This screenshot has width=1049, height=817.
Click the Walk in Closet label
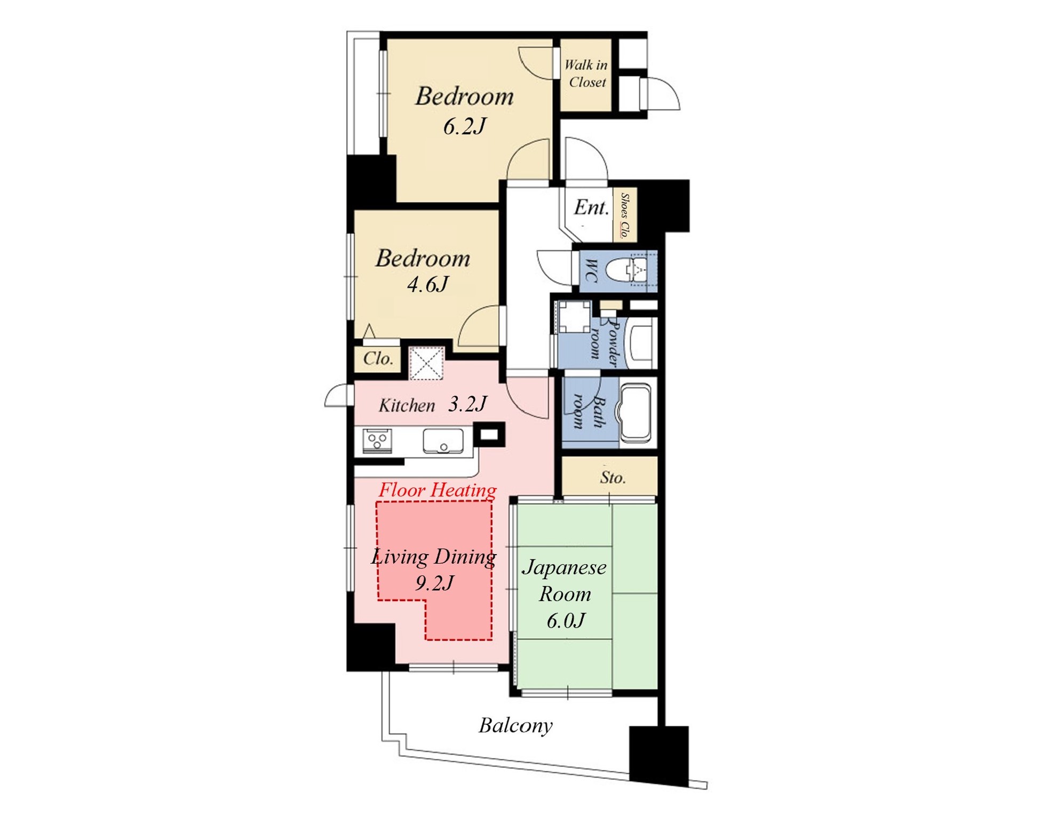coord(586,74)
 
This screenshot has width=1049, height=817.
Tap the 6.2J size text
coord(464,127)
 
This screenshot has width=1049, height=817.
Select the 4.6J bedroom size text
coord(427,284)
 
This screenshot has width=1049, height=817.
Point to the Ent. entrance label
coord(591,207)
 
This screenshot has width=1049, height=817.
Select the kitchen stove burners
coord(377,441)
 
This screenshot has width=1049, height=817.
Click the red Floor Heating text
coord(438,490)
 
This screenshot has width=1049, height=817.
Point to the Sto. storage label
coord(613,477)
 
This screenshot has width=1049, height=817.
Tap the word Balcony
coord(515,726)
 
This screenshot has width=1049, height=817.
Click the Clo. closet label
coord(378,358)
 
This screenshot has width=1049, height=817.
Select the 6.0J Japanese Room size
coord(566,620)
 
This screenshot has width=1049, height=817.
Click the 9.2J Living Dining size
coord(434,583)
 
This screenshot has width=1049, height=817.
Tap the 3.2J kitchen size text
coord(467,404)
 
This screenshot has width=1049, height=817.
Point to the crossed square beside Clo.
coord(426,363)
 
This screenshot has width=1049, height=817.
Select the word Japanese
coord(564,567)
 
